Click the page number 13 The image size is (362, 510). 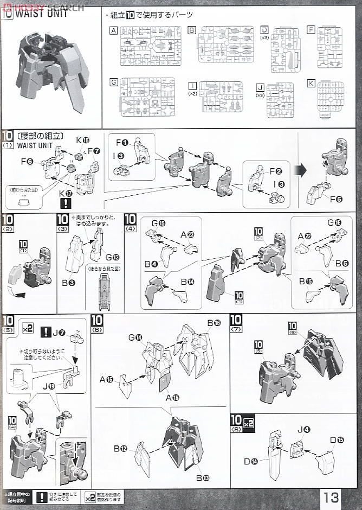click(x=332, y=496)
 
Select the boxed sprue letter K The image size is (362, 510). click(x=311, y=83)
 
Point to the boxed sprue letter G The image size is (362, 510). click(x=113, y=82)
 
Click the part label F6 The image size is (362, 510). click(x=27, y=161)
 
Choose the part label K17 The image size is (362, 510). click(x=66, y=193)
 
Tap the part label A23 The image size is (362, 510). click(x=187, y=234)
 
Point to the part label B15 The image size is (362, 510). click(x=306, y=282)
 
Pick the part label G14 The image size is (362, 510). click(x=135, y=337)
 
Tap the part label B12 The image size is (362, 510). click(x=121, y=449)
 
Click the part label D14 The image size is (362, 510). click(x=250, y=461)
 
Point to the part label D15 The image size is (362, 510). click(x=338, y=440)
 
